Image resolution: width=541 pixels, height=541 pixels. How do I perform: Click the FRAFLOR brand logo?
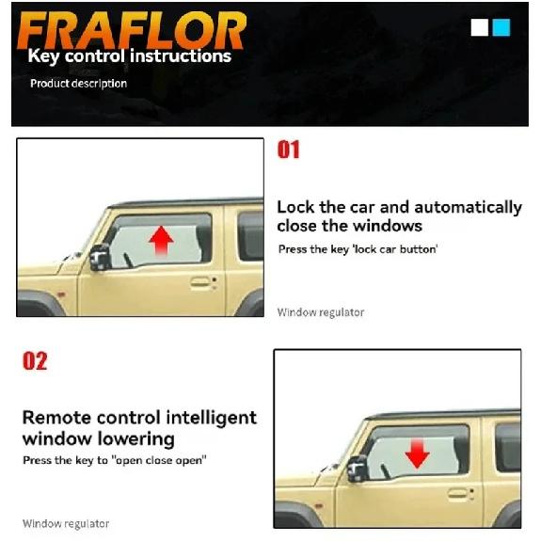(132, 30)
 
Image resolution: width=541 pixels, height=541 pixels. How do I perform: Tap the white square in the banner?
(479, 27)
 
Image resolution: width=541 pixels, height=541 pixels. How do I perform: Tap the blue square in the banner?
(501, 27)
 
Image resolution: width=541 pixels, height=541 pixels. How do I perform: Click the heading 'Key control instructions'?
(130, 56)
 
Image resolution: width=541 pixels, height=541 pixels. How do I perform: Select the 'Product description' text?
(79, 84)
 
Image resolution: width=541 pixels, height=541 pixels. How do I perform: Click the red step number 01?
(289, 150)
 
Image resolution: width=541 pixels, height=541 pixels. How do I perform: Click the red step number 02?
(35, 361)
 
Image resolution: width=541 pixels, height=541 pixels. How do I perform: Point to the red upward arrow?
(161, 241)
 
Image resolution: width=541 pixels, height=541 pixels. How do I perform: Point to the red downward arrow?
(417, 453)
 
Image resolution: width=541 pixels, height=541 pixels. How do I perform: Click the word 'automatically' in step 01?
(468, 208)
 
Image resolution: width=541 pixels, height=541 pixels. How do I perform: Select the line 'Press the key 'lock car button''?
(358, 249)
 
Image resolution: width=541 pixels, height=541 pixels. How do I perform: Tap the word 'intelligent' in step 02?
(211, 419)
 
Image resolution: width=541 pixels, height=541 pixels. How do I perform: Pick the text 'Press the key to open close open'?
(115, 460)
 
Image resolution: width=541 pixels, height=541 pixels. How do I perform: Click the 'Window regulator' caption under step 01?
(321, 312)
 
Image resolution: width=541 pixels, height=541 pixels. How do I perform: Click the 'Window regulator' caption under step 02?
(66, 524)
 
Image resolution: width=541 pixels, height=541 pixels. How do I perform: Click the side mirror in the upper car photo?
(100, 257)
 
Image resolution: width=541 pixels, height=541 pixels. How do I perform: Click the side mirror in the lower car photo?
(358, 469)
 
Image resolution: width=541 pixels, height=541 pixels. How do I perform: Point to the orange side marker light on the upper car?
(61, 294)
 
